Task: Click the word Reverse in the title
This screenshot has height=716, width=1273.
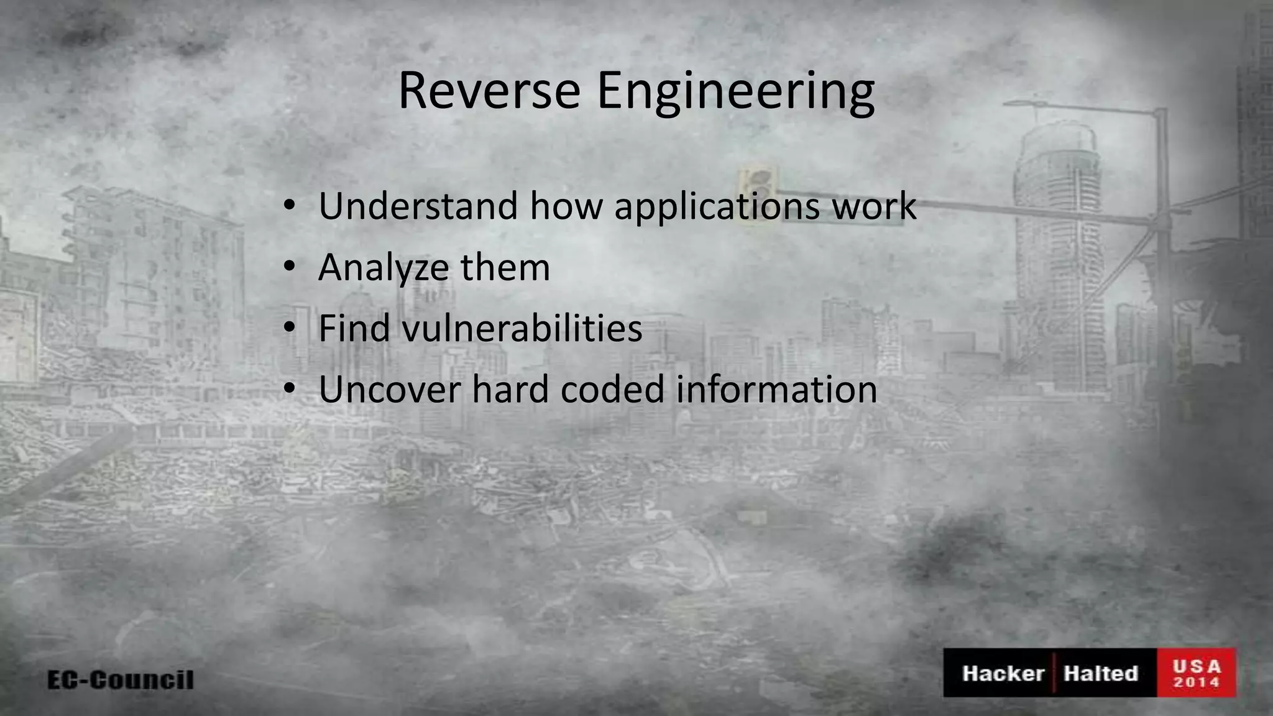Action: tap(489, 91)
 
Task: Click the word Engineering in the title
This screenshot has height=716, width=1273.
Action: tap(735, 93)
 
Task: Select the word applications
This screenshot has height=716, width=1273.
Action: tap(717, 207)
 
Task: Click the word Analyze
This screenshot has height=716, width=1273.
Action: tap(383, 268)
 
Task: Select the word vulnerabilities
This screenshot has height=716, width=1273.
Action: tap(522, 328)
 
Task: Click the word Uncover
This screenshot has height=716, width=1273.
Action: tap(388, 389)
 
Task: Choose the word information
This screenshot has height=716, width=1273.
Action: tap(776, 389)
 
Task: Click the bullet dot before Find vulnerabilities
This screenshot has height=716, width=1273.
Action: tap(289, 328)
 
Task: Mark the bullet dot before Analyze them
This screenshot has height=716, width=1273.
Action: tap(289, 267)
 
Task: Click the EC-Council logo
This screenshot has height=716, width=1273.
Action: tap(121, 679)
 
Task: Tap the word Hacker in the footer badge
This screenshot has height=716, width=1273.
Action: tap(1003, 673)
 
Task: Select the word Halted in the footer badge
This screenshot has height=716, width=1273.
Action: tap(1100, 673)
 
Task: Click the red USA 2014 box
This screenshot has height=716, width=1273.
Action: tap(1196, 673)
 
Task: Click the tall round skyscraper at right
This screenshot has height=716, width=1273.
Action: tap(1057, 236)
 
